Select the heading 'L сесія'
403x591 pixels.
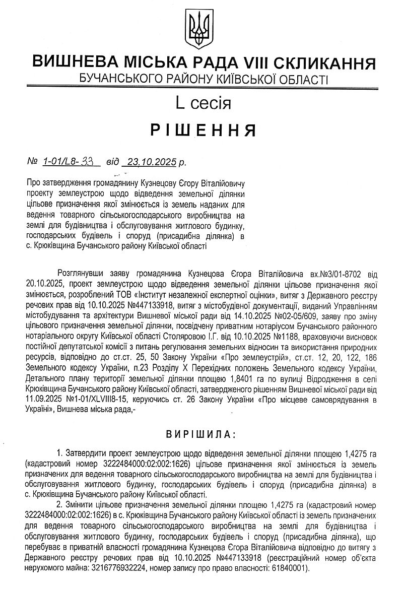[203, 103]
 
